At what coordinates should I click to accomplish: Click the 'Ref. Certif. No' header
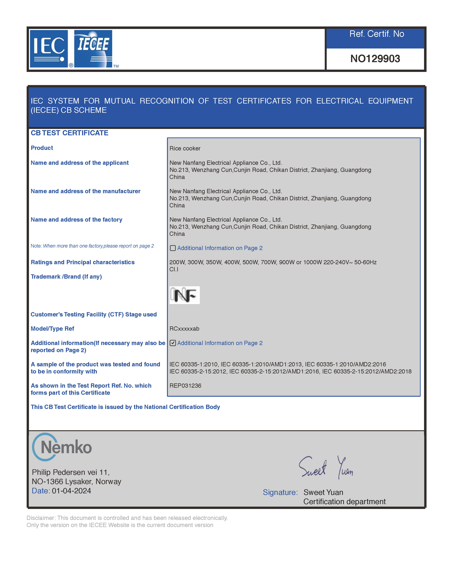(x=376, y=34)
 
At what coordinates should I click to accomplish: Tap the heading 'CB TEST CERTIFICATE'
(x=69, y=133)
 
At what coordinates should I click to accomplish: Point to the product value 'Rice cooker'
(x=185, y=148)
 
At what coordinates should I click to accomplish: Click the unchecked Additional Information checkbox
(x=173, y=248)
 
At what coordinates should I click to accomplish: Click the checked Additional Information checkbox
(x=173, y=343)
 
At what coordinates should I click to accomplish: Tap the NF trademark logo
(x=184, y=295)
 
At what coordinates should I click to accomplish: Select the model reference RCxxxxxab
(x=184, y=329)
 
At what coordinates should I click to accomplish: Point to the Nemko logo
(x=62, y=447)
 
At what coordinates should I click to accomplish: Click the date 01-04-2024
(x=71, y=491)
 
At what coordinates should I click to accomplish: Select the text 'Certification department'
(x=344, y=501)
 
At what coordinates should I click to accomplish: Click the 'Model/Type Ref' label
(x=52, y=329)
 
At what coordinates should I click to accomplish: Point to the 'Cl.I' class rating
(x=174, y=269)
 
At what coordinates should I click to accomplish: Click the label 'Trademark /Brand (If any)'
(x=66, y=277)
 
